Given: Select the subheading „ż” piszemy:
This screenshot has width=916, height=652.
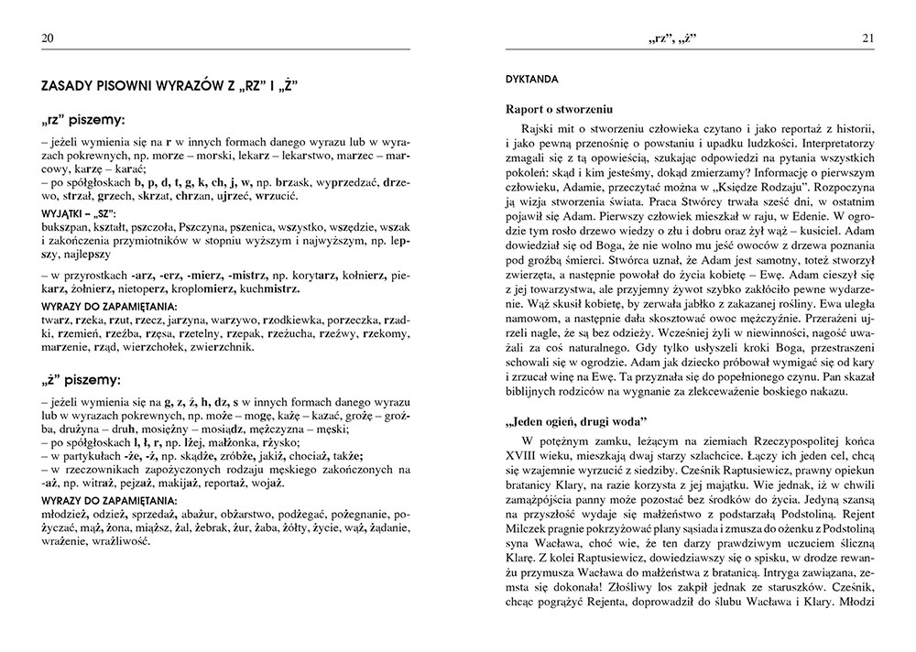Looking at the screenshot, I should pyautogui.click(x=82, y=378).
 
